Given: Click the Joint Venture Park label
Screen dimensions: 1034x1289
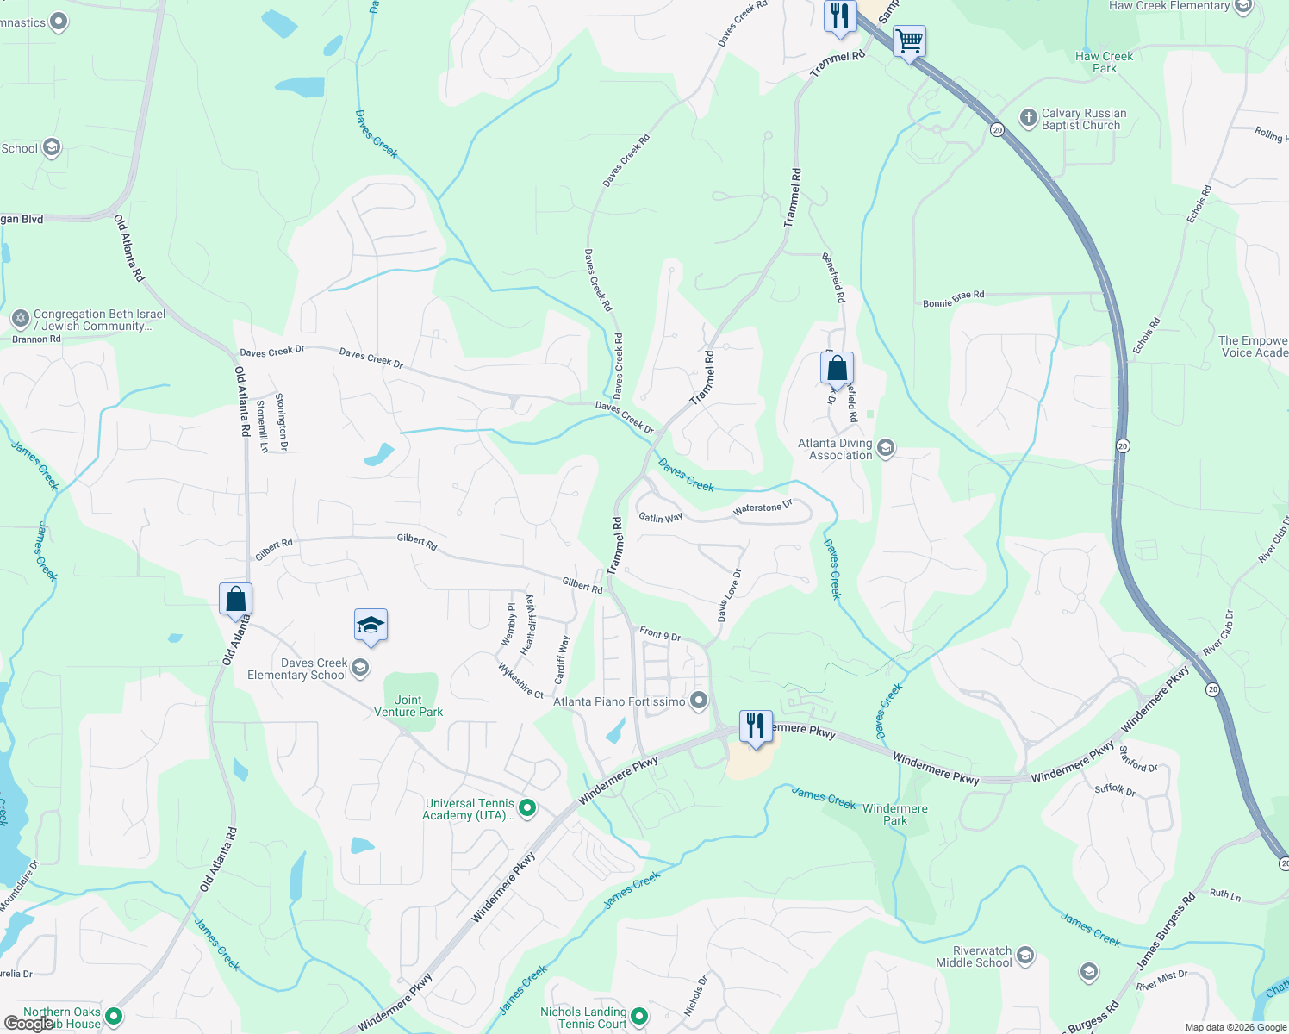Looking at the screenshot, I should click(x=408, y=707).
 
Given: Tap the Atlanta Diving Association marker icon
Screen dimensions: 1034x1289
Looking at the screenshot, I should click(x=886, y=449).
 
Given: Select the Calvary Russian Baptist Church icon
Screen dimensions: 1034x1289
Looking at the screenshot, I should click(x=1028, y=118).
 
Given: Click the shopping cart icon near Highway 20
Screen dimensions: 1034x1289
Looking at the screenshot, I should click(x=909, y=40).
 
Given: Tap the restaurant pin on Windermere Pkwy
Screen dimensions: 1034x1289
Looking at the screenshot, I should click(x=756, y=725).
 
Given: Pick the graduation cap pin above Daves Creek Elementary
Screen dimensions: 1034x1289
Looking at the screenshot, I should click(x=371, y=625).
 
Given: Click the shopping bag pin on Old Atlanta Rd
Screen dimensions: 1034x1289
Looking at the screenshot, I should click(x=235, y=598).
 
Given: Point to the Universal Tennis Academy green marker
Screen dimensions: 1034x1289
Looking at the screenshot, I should click(x=527, y=808).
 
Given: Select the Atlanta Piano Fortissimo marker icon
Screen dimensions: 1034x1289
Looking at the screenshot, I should click(x=700, y=701).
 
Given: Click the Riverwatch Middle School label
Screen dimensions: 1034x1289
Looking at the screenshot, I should click(x=974, y=956).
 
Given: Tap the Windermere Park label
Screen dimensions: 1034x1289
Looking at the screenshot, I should click(x=895, y=814).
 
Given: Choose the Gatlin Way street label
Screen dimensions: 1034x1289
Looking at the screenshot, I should click(x=661, y=517).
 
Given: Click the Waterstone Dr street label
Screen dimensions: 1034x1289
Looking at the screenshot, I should click(x=763, y=508).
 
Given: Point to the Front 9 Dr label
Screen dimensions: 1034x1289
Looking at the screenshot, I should click(x=660, y=634).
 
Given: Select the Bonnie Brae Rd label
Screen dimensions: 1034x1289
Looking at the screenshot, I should click(x=953, y=299).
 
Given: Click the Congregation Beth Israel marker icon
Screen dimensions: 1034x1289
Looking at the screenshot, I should click(x=21, y=320).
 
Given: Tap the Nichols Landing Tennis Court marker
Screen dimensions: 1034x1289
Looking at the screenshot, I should click(x=639, y=1017).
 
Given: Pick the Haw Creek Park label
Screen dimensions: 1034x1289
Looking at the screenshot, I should click(x=1105, y=62).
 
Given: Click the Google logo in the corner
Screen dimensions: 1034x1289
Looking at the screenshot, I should click(x=28, y=1024).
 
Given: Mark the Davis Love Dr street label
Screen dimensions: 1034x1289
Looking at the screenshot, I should click(x=729, y=595).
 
